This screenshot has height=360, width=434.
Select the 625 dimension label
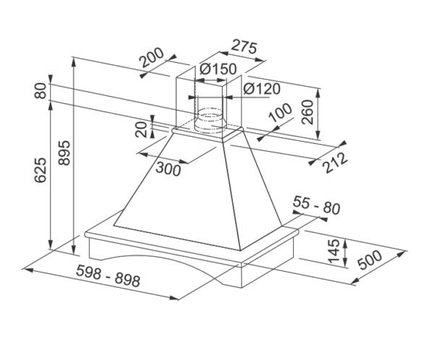[41, 170]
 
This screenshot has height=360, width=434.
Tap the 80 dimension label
[40, 92]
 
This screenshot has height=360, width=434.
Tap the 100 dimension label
[280, 116]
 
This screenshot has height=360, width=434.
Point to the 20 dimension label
[140, 129]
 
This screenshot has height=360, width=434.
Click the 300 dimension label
[169, 168]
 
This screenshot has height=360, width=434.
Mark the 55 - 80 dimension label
[317, 207]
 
